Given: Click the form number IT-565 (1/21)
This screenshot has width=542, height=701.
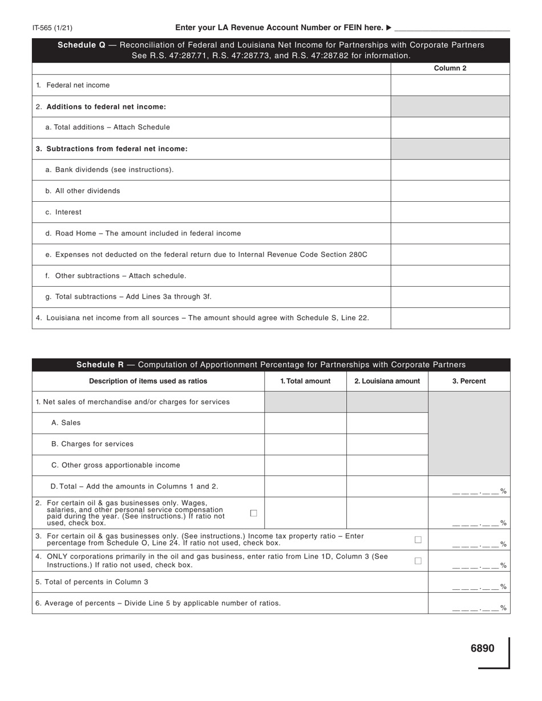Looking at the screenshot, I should pos(52,27).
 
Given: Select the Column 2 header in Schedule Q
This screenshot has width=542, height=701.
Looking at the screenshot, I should pos(450,68).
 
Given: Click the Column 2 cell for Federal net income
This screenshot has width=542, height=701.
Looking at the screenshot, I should pos(450,85).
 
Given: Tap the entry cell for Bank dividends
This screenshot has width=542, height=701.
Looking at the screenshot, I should pos(450,170).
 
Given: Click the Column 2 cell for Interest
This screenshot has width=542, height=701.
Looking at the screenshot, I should pos(450,212).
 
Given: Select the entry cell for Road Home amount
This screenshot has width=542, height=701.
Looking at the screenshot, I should pos(450,233).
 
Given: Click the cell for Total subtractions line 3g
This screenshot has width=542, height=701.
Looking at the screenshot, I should pos(450,297).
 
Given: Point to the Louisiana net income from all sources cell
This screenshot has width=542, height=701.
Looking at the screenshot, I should pos(450,318).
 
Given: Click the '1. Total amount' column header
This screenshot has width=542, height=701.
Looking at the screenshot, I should pos(305,381).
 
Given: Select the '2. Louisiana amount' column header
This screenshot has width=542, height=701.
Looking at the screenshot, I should pos(387,381).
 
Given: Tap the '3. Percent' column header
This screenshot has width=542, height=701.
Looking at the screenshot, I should pos(469,381).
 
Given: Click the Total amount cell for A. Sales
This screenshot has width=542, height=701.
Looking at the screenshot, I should pos(305,423).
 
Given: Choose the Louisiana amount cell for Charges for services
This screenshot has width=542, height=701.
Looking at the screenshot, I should pos(387,444).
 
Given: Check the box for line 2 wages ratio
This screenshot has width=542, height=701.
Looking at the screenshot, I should pos(254,513).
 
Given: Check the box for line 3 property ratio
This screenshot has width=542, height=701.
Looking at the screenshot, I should pos(418,540).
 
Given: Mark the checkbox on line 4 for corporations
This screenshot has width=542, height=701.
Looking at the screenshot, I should pos(418,561).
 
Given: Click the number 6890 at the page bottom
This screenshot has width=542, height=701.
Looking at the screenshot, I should pos(482,649).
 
